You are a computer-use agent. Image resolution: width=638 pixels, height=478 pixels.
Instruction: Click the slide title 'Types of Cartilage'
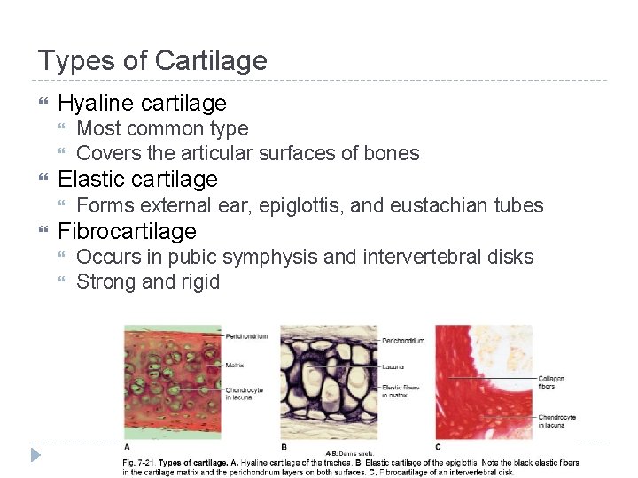(x=152, y=60)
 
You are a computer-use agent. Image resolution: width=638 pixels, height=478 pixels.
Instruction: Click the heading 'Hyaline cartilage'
(x=142, y=104)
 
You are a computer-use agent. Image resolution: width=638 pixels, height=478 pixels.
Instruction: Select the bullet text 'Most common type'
(x=162, y=128)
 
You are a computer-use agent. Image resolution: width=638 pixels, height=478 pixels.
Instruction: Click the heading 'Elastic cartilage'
(x=137, y=180)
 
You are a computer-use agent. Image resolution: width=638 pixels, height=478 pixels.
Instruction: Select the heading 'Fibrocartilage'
(x=127, y=231)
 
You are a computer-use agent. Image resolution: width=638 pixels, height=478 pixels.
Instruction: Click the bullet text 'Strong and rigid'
(x=148, y=281)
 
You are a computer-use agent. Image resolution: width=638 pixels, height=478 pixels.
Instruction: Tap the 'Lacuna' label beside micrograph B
(x=393, y=366)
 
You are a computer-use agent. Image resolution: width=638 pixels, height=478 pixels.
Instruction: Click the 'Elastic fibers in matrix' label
(x=401, y=389)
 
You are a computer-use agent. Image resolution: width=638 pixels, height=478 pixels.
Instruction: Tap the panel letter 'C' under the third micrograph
(x=438, y=447)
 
